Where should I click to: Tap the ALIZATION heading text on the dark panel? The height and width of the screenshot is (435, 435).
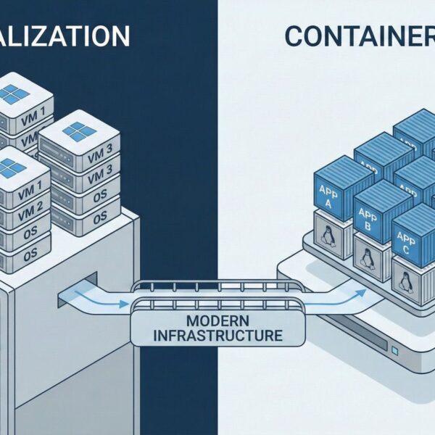click(65, 36)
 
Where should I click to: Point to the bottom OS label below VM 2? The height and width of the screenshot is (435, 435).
click(29, 256)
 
